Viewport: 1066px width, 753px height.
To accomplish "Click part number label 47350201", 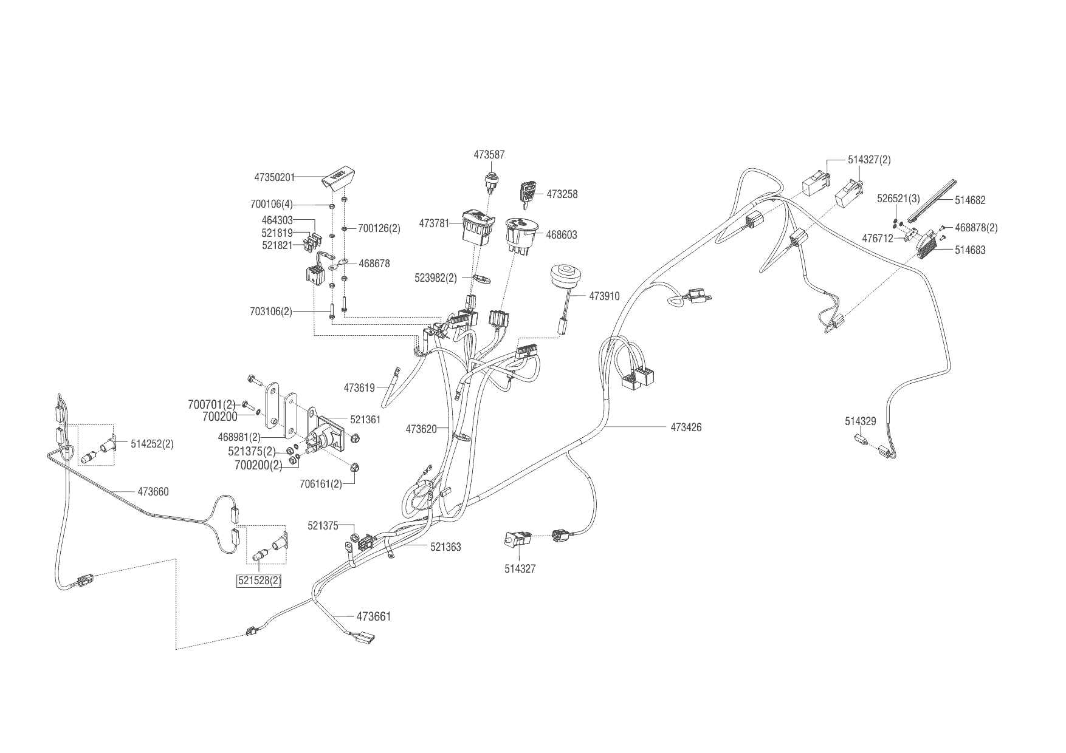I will point(274,177).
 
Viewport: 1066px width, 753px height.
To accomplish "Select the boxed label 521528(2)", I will point(259,581).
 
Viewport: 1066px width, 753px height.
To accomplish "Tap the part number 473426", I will point(686,428).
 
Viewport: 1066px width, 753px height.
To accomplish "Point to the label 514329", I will point(860,421).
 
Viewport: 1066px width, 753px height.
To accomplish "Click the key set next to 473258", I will point(526,193).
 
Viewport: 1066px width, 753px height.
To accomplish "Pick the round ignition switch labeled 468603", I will point(521,234).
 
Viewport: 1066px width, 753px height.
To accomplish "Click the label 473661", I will point(373,617).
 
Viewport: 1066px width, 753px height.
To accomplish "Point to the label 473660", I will point(153,492).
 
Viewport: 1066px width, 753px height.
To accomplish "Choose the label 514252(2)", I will point(152,444).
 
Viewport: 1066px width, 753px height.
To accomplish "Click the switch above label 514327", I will point(518,539).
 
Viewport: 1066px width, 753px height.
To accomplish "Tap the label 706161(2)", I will point(320,484).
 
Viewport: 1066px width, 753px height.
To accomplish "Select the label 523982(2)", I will point(435,278).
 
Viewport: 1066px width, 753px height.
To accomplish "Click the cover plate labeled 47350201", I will point(340,177).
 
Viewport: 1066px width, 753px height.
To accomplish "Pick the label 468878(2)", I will point(976,228).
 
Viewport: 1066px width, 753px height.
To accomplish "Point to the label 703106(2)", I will point(270,312).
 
